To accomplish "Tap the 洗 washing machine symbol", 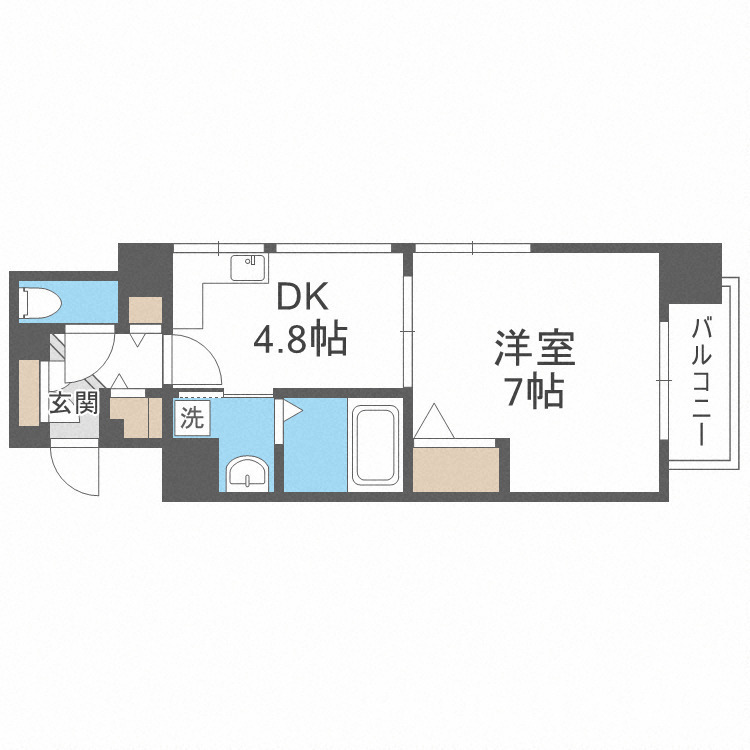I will click(191, 418).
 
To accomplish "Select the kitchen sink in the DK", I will click(247, 268).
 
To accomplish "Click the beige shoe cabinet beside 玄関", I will click(28, 390).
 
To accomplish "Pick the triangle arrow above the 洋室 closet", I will click(436, 419).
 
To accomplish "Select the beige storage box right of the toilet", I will click(145, 310).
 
